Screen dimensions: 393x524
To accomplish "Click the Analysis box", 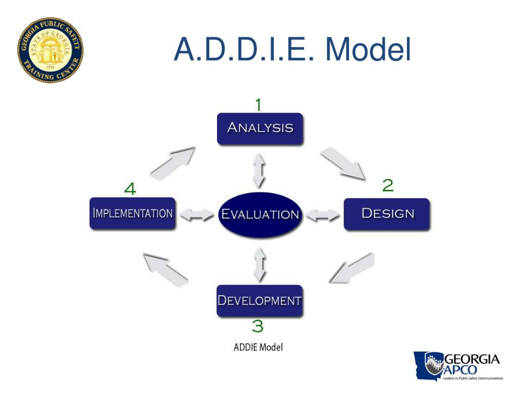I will [260, 127].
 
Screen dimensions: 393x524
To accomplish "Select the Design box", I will [387, 213].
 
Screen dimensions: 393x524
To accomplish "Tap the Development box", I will [259, 300].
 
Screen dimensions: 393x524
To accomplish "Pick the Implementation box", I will [132, 213].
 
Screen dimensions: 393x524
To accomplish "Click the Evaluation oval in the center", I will [260, 214].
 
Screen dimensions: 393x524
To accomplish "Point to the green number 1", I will [258, 105].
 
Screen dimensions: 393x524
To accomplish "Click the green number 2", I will [388, 185].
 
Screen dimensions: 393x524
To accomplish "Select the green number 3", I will [257, 325].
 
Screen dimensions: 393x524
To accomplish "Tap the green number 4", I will [130, 189].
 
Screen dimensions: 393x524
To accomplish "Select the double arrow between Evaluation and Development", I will [260, 264].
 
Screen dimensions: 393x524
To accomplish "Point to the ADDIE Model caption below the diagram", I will [258, 347].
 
